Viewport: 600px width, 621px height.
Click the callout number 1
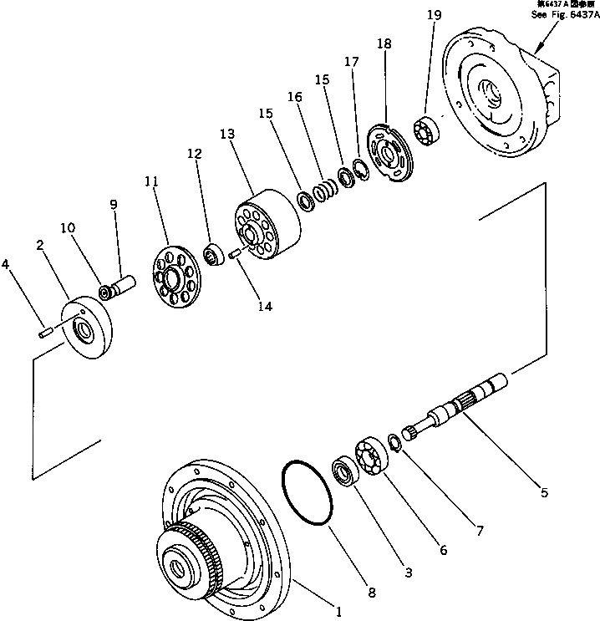(339, 611)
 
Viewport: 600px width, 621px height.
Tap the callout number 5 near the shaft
(544, 493)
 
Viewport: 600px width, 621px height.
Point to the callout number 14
(265, 307)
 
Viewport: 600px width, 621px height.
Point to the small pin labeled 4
(46, 334)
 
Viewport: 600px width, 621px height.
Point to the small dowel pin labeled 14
(236, 254)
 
